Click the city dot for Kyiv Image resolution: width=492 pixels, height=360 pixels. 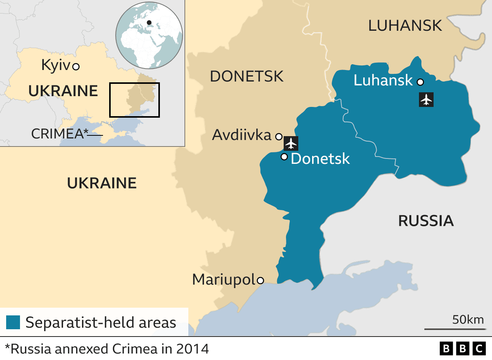[x=76, y=67]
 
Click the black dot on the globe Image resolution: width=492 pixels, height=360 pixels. [x=149, y=22]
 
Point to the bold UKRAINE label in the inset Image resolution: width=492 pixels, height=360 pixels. [x=63, y=91]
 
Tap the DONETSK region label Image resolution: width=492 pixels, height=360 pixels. [x=246, y=77]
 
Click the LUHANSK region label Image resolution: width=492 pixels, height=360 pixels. [x=405, y=26]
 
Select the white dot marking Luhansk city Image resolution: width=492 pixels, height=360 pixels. [x=420, y=82]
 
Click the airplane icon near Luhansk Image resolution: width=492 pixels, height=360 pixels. [x=426, y=100]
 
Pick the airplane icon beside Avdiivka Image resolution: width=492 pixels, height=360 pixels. [x=291, y=143]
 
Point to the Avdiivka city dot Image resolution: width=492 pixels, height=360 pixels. [x=279, y=136]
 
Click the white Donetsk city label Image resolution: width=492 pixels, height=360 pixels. [x=320, y=158]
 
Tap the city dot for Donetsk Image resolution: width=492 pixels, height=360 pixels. [x=284, y=157]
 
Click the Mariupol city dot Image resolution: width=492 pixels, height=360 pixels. [x=260, y=280]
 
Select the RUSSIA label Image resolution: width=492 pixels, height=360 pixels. [x=426, y=221]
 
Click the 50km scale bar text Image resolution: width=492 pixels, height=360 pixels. [x=468, y=320]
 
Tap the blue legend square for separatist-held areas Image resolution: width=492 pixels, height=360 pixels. [x=13, y=322]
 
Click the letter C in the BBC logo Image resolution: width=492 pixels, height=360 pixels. [x=479, y=349]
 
